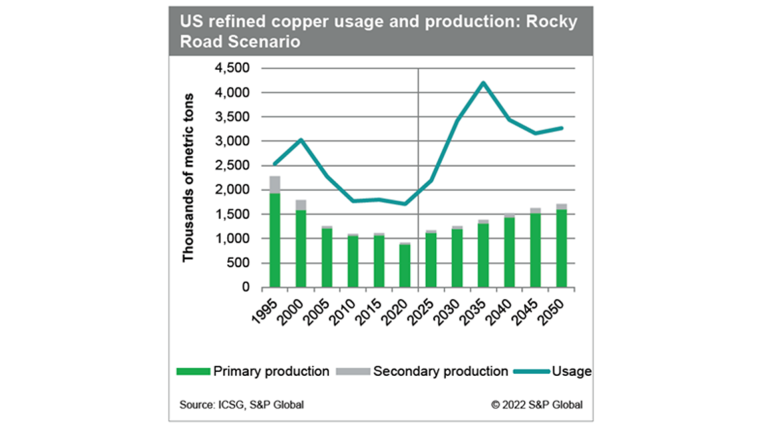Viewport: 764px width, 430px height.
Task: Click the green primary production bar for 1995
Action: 275,240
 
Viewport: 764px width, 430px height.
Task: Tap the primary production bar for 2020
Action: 405,266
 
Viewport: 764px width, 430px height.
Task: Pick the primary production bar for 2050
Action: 561,248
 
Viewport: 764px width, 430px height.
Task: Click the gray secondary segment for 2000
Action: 301,205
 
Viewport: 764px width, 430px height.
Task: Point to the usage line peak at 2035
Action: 483,83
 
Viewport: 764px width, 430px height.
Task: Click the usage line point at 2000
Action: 301,140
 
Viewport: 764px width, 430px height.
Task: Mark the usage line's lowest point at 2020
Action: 405,204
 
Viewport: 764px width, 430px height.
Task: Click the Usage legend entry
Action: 571,371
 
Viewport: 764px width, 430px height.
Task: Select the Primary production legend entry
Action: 271,371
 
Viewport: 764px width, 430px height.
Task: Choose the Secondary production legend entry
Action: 440,371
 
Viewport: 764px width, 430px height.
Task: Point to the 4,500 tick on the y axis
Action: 232,68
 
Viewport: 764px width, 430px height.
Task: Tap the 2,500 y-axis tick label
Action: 232,165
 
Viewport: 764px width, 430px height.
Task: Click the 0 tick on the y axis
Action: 246,287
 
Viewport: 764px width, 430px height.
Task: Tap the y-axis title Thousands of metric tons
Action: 188,178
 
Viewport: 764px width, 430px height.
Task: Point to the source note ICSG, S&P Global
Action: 242,405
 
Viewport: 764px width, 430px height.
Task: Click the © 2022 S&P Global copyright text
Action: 537,405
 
